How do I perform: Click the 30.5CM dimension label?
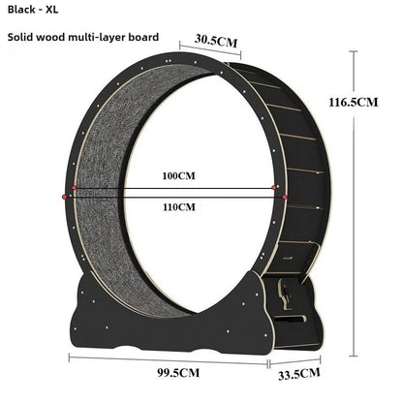tap(216, 41)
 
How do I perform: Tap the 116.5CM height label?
tap(354, 103)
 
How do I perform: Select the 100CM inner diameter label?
tap(178, 176)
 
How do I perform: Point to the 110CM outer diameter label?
tap(178, 206)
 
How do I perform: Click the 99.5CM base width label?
tap(178, 373)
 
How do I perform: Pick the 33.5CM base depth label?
tap(299, 374)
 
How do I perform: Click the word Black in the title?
tap(21, 10)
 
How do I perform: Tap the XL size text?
tap(51, 10)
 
